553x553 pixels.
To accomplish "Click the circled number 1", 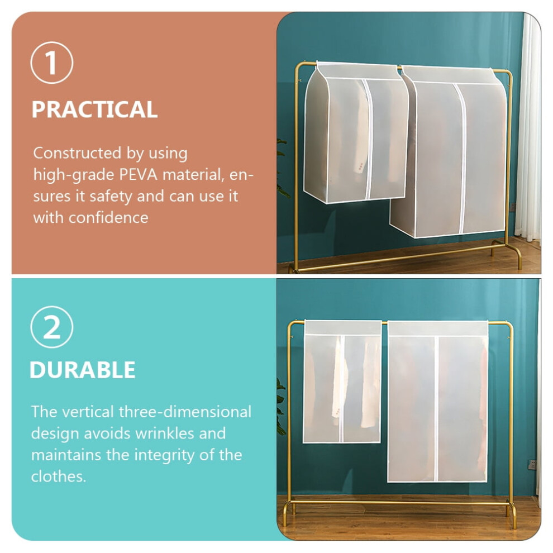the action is [52, 63].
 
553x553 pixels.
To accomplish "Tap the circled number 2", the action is [52, 327].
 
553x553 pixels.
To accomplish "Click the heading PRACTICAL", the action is [94, 109].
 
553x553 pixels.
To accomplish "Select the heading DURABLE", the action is [83, 370].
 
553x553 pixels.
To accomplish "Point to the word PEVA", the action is [139, 175].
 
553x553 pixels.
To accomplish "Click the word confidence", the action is [108, 218].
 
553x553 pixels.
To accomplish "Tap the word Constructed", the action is [78, 153].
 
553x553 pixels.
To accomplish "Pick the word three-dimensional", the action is [185, 412].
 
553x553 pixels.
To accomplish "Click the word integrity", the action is [162, 455].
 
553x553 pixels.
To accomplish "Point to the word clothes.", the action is [59, 476].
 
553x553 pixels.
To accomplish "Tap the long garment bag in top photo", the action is [449, 151].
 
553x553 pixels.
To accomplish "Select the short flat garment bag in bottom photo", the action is [342, 382].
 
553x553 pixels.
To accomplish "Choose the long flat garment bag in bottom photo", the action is [438, 402].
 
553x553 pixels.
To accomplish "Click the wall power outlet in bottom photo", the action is [532, 465].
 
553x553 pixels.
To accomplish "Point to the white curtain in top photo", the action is [528, 127].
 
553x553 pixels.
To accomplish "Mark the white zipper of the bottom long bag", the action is [436, 409].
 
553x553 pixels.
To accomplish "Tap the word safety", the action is [111, 197].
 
